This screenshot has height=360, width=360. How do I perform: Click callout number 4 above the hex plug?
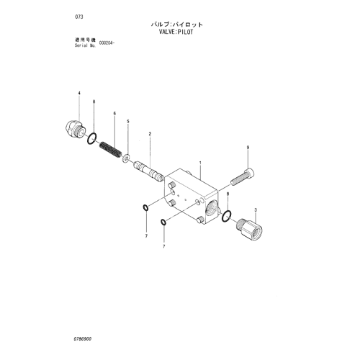tap(79, 93)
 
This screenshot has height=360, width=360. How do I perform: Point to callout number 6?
tap(114, 113)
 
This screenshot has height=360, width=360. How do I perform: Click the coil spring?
tap(110, 150)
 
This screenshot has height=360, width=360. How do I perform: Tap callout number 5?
tap(128, 122)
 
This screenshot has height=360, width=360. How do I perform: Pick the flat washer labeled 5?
tap(126, 158)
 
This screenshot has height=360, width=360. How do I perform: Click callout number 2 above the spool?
tap(150, 134)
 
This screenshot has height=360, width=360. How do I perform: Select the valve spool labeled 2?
tap(148, 171)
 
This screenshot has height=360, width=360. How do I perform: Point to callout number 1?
tap(200, 163)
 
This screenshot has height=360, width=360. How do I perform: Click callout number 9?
tap(248, 148)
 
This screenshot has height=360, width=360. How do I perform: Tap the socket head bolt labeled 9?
tap(243, 177)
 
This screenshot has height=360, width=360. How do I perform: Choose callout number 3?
tap(256, 210)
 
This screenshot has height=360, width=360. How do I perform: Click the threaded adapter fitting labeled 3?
tap(249, 229)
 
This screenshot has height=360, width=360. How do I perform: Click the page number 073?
tap(79, 17)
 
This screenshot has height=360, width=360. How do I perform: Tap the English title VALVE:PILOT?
tap(176, 32)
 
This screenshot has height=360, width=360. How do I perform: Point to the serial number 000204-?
tap(107, 43)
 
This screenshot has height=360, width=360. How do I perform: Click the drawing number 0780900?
tap(83, 339)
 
